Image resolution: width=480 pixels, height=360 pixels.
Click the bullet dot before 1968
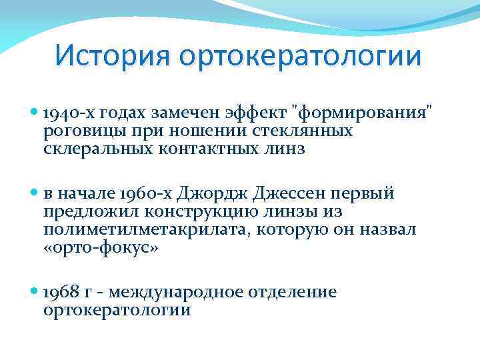(x=35, y=293)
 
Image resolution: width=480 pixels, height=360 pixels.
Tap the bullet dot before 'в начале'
(x=35, y=194)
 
